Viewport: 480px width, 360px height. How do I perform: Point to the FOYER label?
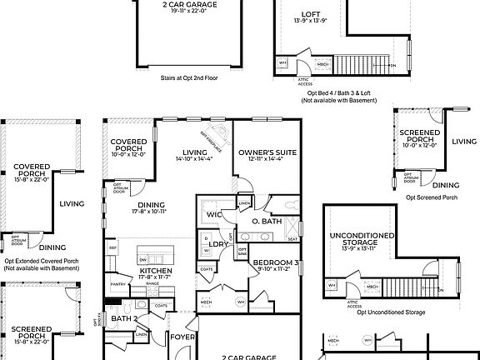pos(182,337)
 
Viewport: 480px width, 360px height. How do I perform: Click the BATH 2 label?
pos(123,318)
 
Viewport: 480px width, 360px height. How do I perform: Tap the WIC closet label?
pos(214,215)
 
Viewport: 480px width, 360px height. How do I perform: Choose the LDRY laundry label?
pos(219,244)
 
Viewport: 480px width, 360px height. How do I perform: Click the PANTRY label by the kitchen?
pos(118,284)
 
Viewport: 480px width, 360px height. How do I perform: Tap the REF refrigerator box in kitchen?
pos(112,247)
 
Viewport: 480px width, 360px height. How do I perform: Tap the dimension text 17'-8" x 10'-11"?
pos(149,211)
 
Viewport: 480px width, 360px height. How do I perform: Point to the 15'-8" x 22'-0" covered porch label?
pos(32,178)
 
